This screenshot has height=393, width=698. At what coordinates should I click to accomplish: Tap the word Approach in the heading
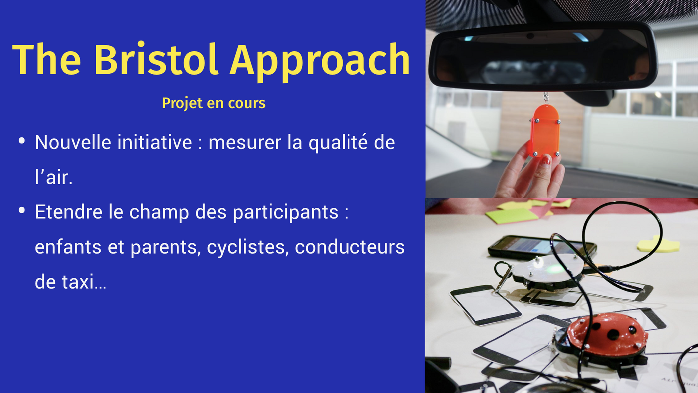pos(320,62)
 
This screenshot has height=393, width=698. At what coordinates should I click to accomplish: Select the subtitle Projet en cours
pos(213,103)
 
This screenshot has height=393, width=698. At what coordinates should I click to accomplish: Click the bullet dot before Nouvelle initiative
pos(22,141)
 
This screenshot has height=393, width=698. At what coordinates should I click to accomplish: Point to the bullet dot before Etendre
pos(22,210)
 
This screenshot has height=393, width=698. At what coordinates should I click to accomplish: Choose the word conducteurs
pos(349,247)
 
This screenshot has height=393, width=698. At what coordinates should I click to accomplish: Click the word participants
pos(285,213)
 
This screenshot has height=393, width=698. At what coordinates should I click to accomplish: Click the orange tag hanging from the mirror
pos(545,131)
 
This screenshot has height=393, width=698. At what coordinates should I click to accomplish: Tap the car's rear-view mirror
pos(543,56)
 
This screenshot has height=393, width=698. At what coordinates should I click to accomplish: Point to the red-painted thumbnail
pos(546,160)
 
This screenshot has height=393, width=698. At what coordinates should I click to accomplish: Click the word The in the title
pos(47,59)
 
